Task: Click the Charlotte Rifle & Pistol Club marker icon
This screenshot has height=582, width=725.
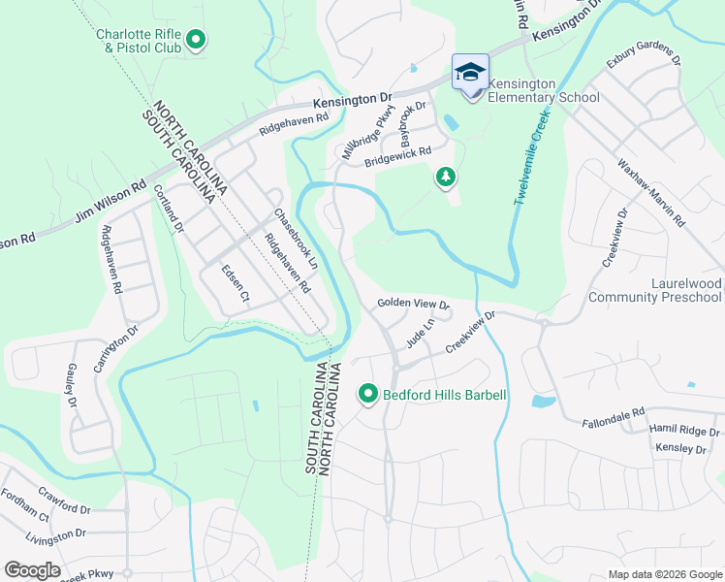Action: coord(197,40)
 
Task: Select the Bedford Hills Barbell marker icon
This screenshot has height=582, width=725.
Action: coord(368,394)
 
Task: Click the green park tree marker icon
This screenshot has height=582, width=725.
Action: coord(445,177)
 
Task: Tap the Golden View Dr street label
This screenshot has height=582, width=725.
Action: coord(414,304)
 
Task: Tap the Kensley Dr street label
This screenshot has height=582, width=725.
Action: coord(680,448)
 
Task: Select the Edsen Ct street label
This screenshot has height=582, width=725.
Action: coord(236,283)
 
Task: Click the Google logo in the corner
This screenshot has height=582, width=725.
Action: coord(32,570)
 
